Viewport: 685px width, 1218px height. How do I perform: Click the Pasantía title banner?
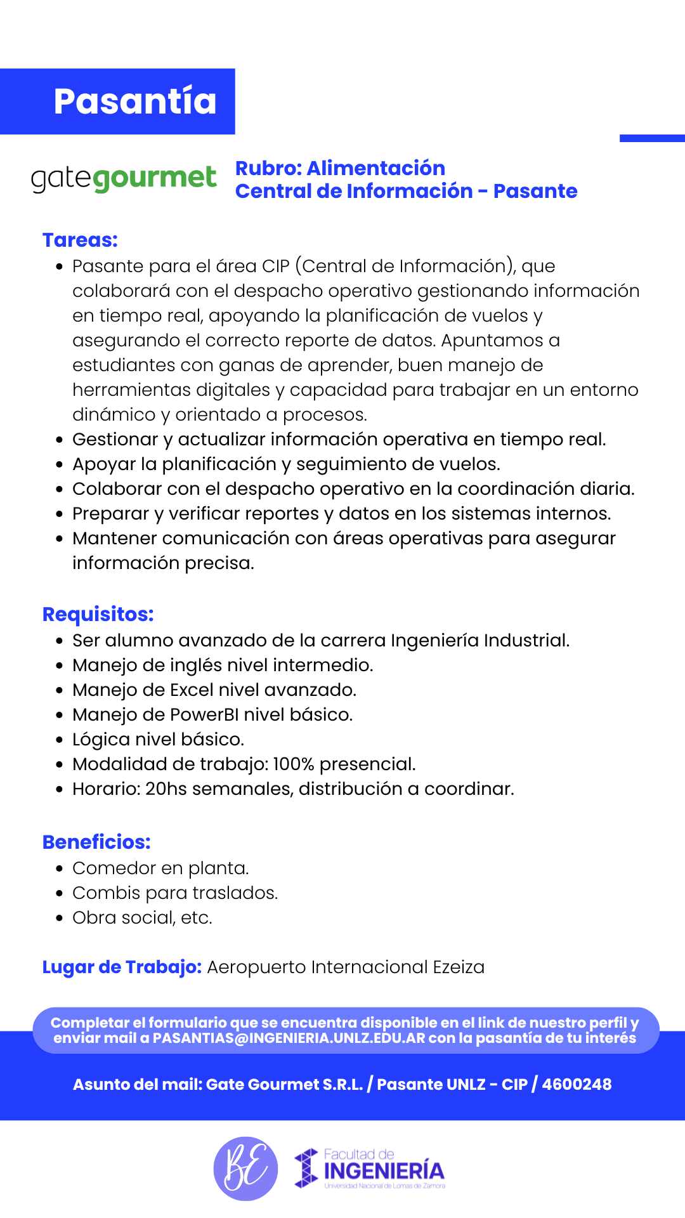pos(134,101)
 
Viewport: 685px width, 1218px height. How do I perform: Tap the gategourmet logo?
pos(124,178)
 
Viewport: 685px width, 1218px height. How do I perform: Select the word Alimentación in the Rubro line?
pos(375,168)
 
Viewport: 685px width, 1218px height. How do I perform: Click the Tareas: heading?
pos(80,240)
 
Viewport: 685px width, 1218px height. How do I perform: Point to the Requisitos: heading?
pos(98,614)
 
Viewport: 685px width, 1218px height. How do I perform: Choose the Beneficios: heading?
pos(96,842)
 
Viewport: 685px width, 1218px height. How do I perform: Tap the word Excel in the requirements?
pos(192,690)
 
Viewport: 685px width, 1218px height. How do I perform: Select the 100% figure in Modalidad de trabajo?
pos(293,764)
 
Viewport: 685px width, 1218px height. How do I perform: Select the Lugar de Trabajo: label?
pos(122,967)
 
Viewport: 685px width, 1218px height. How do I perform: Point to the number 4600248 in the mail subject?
pos(577,1084)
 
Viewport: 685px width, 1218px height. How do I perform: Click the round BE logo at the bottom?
pos(245,1169)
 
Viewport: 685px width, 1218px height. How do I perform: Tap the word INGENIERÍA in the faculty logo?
pos(384,1170)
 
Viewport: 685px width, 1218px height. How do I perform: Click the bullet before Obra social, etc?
pos(59,918)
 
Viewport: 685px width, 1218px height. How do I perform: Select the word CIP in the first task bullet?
pos(276,266)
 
